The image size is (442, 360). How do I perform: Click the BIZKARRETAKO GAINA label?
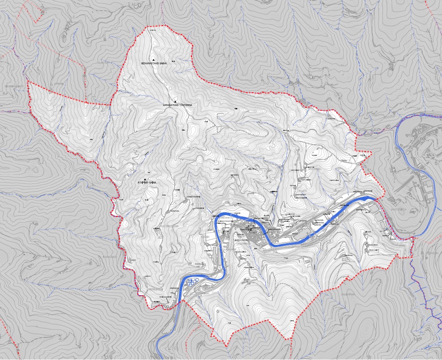(154, 63)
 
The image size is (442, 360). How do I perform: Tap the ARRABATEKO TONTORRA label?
(177, 105)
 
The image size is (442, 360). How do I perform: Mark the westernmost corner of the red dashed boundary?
(27, 82)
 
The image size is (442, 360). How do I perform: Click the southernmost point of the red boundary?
(226, 347)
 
